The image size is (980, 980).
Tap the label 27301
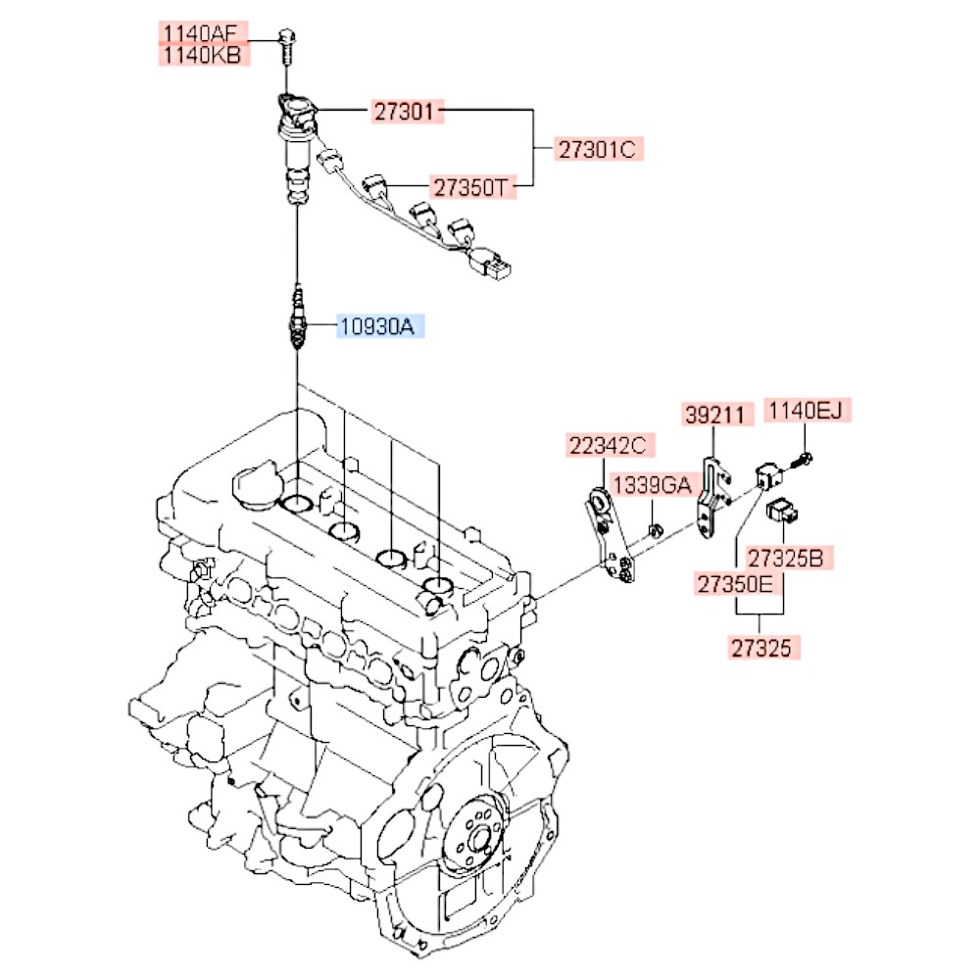point(402,112)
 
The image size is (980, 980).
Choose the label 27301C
point(597,150)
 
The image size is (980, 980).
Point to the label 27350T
point(473,186)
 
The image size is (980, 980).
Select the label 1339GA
point(653,483)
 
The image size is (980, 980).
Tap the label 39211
point(717,415)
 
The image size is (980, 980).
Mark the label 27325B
point(791,559)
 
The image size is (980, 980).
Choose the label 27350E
point(736,585)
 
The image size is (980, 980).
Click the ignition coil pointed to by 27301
point(295,132)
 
